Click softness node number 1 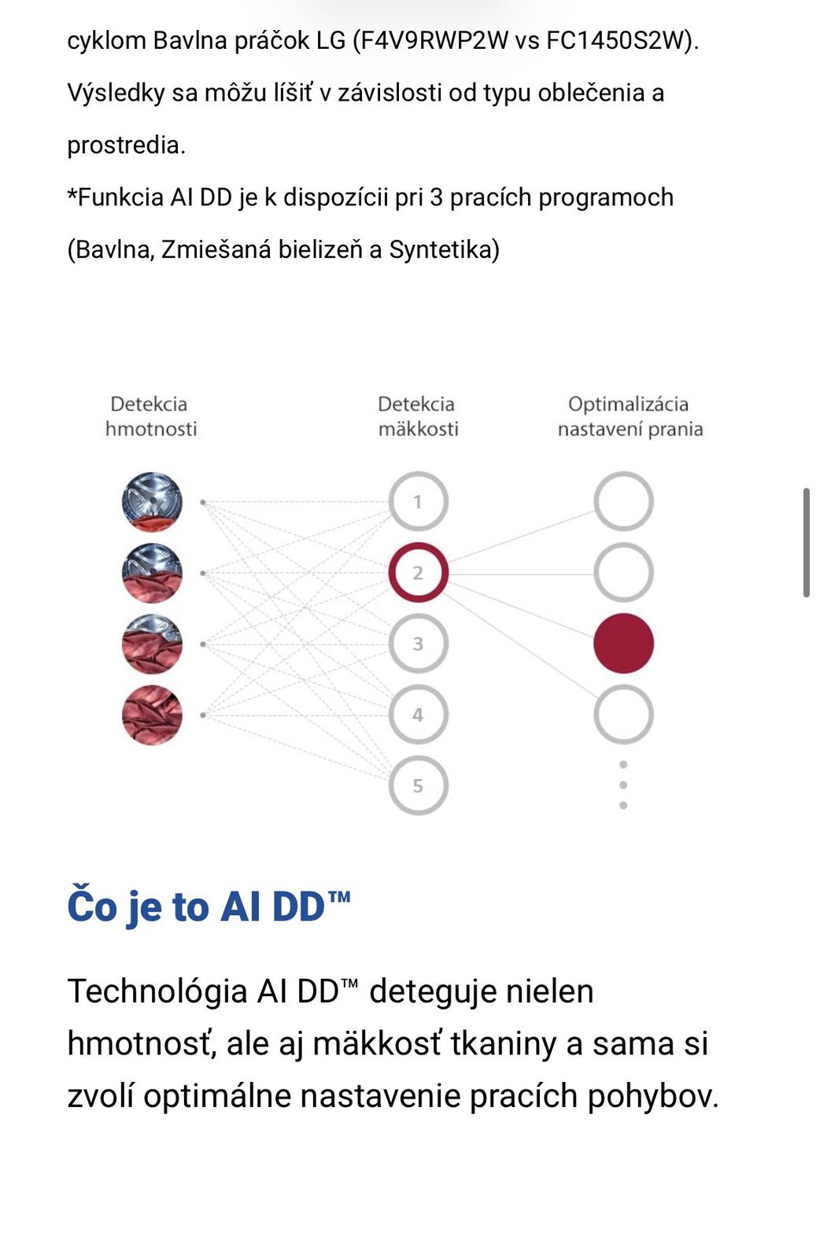[x=418, y=501]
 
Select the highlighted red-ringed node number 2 [x=418, y=573]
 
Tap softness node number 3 [x=418, y=644]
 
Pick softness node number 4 [x=418, y=714]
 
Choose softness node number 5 [x=418, y=785]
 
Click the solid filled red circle [x=623, y=644]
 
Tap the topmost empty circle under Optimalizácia [x=623, y=501]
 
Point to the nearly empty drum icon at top [x=152, y=501]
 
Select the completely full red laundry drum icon [x=152, y=714]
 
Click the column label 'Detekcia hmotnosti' [x=150, y=416]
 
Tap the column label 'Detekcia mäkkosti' [x=417, y=416]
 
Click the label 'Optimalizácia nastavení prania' [x=630, y=416]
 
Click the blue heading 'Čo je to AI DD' [x=209, y=906]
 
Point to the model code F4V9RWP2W [x=430, y=40]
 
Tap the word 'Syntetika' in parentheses [x=445, y=249]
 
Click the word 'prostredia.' [x=126, y=145]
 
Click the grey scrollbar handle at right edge [x=807, y=542]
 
